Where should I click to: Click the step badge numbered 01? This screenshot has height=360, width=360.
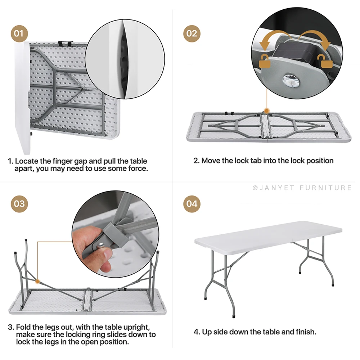[x=19, y=33]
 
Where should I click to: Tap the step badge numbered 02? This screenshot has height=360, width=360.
[x=192, y=33]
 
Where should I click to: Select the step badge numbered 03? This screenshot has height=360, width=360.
[x=19, y=204]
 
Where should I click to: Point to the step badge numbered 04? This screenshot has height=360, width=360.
[x=192, y=204]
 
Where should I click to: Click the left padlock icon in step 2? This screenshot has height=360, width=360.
[x=265, y=61]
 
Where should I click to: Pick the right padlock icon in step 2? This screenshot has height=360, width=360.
[x=325, y=61]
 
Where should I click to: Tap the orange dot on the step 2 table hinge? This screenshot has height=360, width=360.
[x=266, y=111]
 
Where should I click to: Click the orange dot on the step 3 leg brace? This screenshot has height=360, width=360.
[x=37, y=281]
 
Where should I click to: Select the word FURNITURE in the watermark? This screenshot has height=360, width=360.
[x=325, y=188]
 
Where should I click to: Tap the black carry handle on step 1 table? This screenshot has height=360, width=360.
[x=66, y=43]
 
